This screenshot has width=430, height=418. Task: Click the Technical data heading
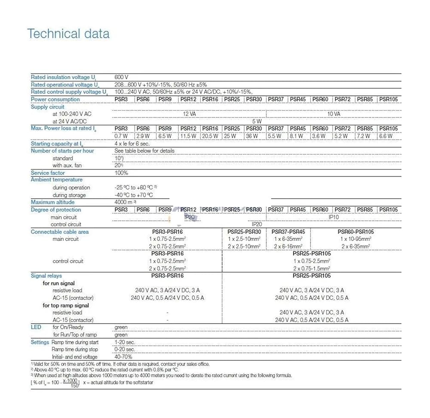(x=68, y=34)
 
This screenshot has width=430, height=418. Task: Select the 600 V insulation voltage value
(x=122, y=77)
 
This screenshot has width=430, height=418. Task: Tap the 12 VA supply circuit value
(x=189, y=114)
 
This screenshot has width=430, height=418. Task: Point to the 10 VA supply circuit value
(x=334, y=114)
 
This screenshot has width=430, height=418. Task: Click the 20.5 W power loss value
(x=210, y=136)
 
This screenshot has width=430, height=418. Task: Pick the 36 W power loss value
(x=252, y=136)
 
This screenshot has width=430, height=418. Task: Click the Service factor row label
(x=48, y=173)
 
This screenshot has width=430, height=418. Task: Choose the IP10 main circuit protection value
(x=334, y=217)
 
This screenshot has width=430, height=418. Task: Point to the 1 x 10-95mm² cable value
(x=356, y=239)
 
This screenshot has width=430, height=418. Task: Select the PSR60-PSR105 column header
(x=356, y=232)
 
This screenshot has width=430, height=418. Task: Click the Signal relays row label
(x=46, y=276)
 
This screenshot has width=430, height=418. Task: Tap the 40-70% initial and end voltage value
(x=123, y=357)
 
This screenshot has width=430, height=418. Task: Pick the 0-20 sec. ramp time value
(x=125, y=350)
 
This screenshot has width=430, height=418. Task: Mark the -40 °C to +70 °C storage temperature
(x=134, y=195)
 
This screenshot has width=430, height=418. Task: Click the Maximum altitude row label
(x=52, y=202)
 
